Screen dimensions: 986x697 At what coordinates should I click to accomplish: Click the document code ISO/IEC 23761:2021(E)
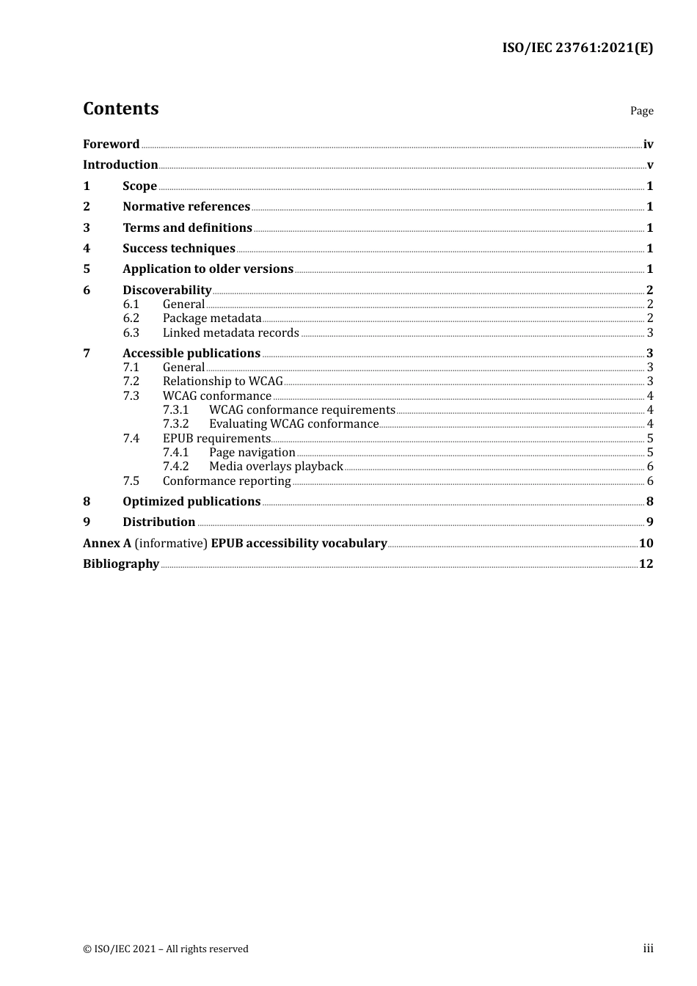577,48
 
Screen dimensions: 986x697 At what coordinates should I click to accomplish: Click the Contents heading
120,109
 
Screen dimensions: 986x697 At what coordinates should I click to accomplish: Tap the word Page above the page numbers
641,111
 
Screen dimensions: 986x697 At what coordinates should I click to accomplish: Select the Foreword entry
111,145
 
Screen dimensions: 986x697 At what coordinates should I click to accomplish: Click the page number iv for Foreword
648,145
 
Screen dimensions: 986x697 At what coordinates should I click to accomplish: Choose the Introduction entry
120,165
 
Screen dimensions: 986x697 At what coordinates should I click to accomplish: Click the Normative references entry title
186,207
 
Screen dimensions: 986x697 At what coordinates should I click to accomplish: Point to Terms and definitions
187,228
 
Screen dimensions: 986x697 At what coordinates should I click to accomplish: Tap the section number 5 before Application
87,269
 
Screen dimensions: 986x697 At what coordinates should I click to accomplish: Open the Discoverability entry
167,291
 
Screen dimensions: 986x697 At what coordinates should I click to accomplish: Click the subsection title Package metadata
212,318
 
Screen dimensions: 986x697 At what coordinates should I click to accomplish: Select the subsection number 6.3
131,333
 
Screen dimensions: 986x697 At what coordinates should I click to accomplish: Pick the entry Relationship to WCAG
222,381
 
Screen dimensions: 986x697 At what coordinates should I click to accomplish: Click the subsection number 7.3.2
175,424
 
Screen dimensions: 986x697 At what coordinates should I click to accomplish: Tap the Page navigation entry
252,453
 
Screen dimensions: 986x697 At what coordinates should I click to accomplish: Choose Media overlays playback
276,467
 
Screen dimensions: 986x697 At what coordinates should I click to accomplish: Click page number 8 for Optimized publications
649,502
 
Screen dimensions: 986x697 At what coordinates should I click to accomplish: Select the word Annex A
107,544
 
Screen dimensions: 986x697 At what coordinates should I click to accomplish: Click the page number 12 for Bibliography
646,564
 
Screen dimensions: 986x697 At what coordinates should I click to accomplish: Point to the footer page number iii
648,949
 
